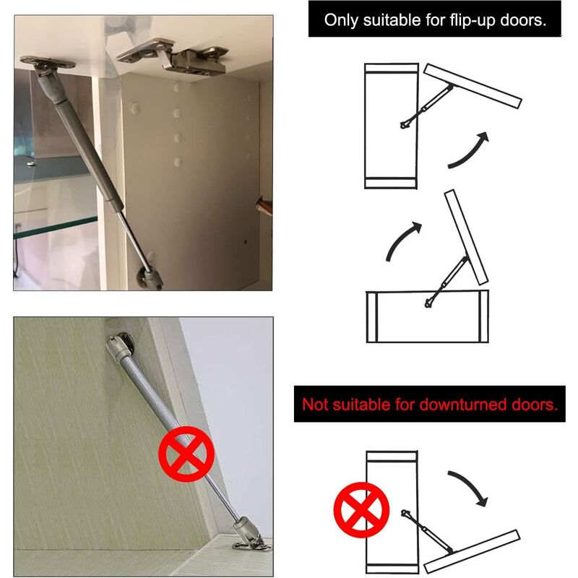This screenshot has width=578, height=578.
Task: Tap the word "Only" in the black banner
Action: [341, 20]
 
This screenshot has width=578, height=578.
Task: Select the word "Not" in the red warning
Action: [314, 405]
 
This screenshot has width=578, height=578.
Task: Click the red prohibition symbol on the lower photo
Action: [186, 454]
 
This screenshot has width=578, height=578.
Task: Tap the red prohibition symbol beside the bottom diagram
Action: [361, 510]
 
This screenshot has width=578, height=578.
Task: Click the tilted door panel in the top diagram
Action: [473, 86]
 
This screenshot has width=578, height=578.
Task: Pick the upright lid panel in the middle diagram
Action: [466, 238]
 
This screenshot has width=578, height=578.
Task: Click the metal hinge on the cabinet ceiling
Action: [173, 56]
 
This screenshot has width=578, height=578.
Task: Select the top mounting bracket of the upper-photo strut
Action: [47, 63]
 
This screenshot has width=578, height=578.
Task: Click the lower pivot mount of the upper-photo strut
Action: [150, 278]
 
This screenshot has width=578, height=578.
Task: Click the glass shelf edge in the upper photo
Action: [56, 228]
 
